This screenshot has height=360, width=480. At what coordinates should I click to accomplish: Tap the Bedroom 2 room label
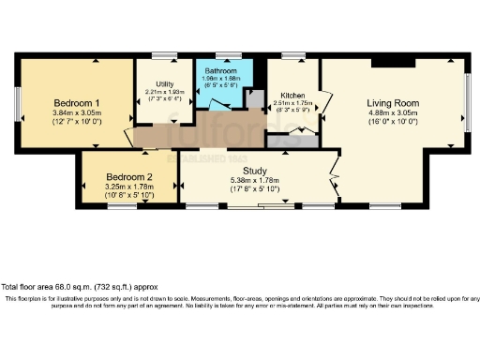(x=128, y=177)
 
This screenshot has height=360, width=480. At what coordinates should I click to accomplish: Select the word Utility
(x=166, y=83)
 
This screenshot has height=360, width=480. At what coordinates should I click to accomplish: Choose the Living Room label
(x=394, y=102)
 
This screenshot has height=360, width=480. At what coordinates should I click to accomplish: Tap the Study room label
(x=256, y=170)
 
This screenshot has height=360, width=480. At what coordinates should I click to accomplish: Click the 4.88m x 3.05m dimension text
(x=394, y=113)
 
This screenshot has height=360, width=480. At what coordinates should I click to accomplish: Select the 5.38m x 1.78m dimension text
(x=256, y=179)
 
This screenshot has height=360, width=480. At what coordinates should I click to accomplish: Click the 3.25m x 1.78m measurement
(x=128, y=187)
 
